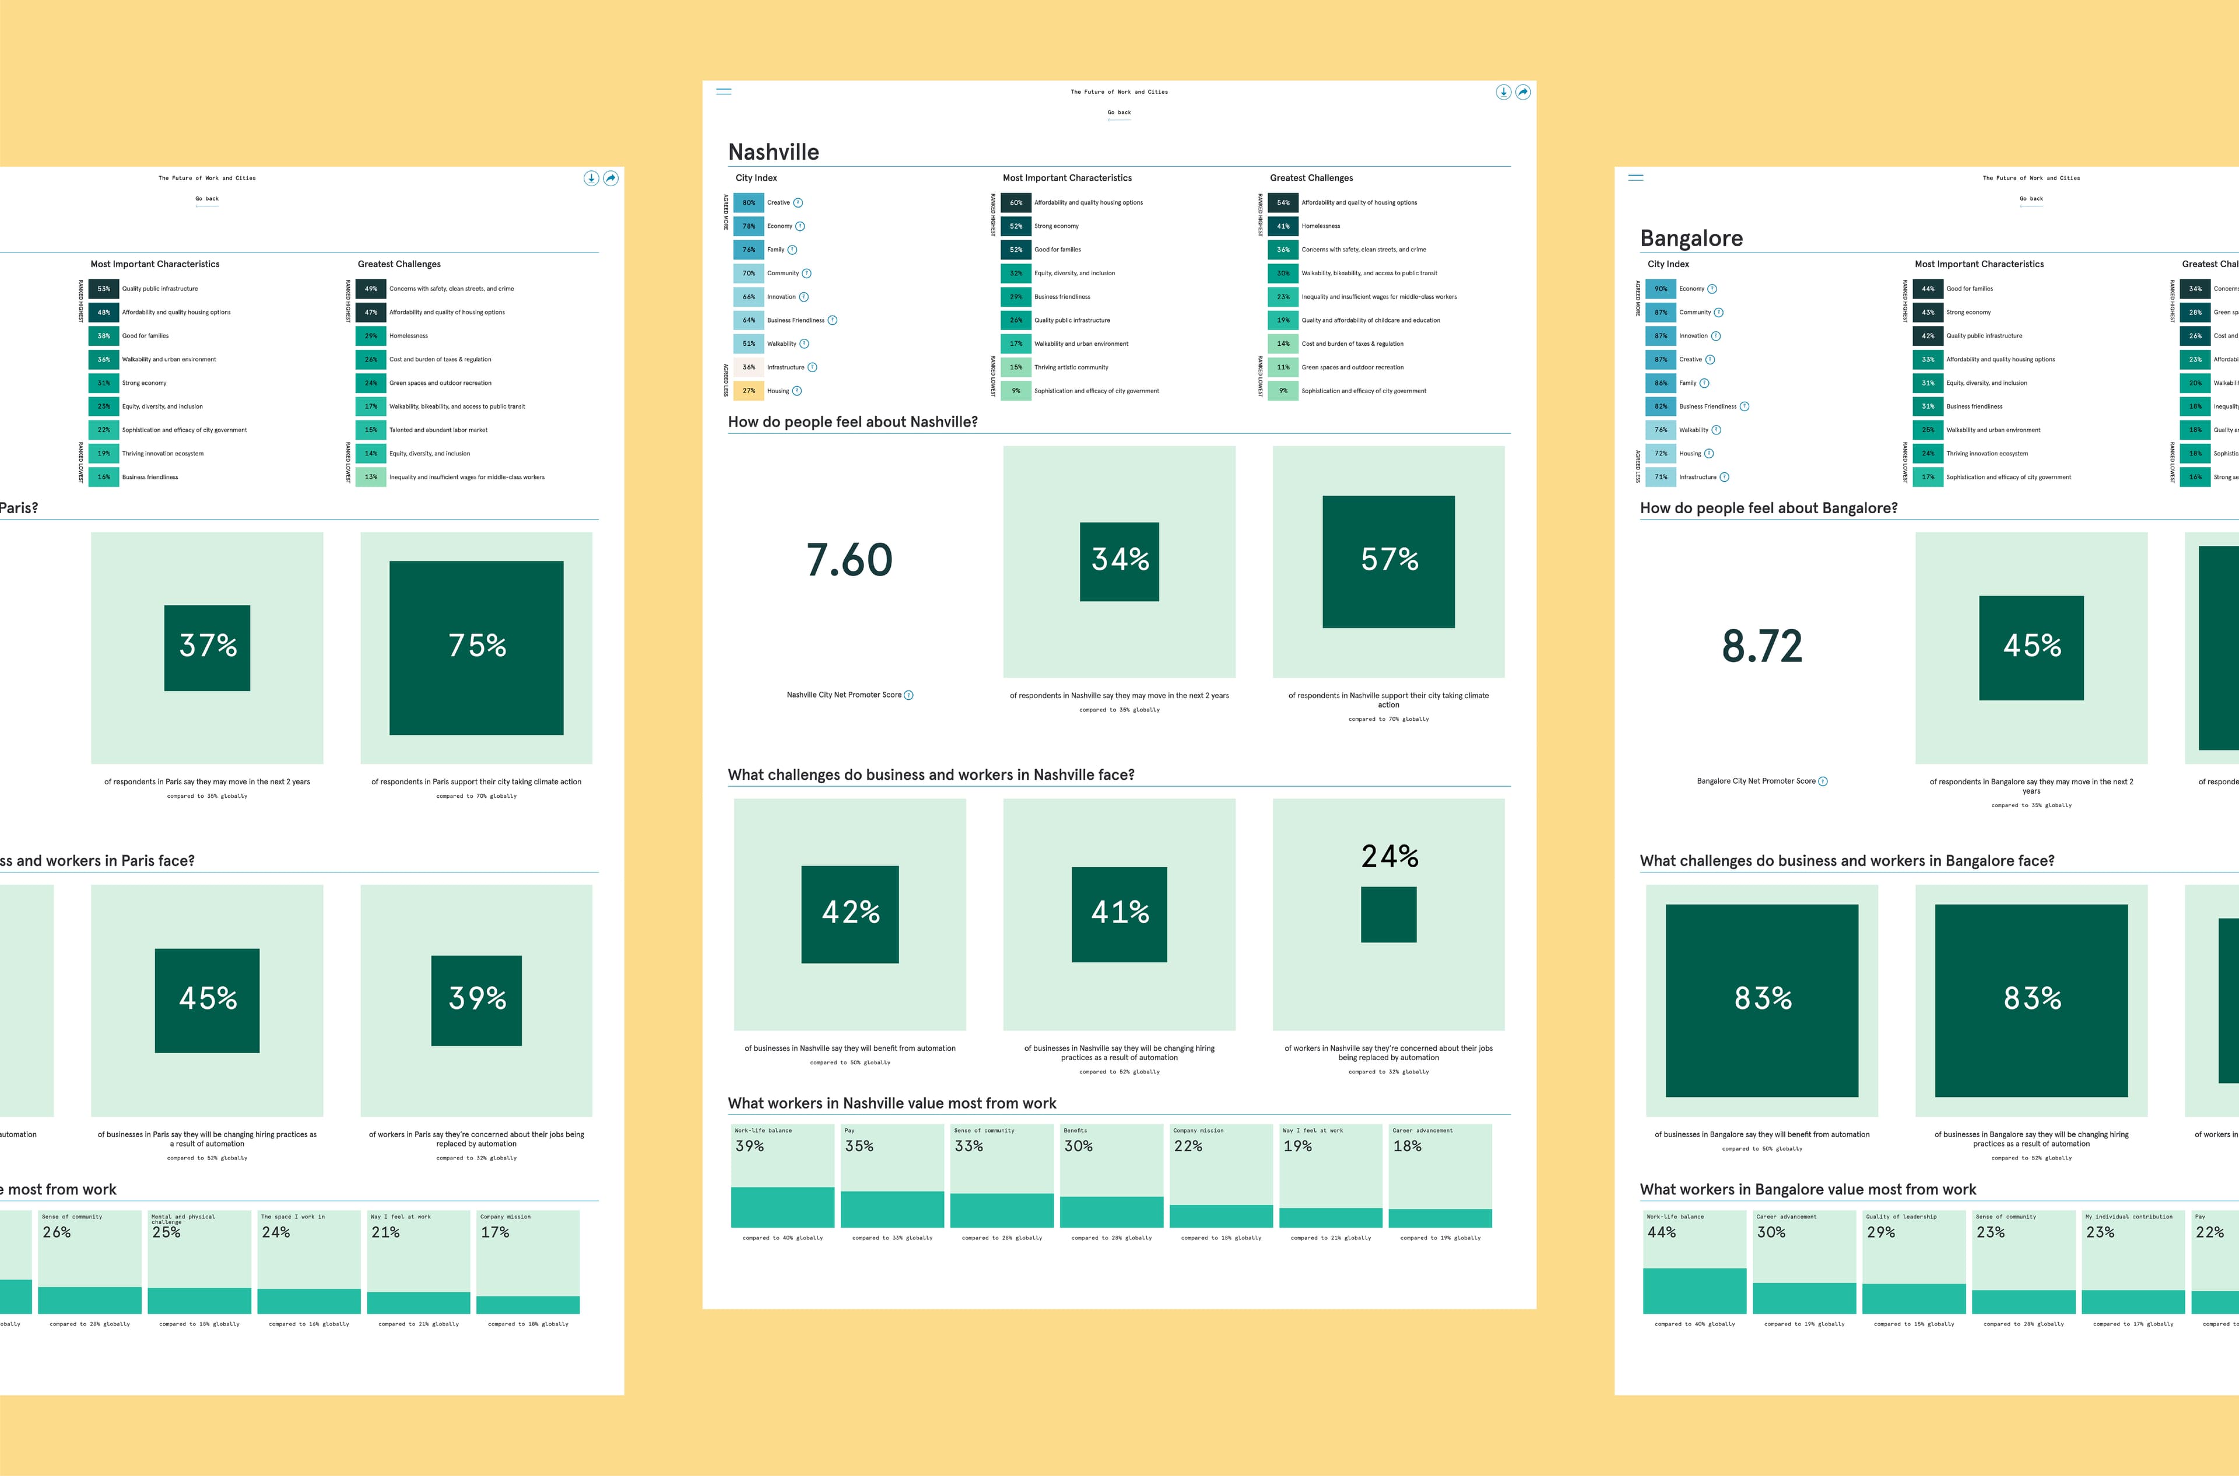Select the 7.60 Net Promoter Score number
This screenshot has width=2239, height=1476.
point(849,560)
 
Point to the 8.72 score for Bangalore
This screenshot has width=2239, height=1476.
point(1762,646)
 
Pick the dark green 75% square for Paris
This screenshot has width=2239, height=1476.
point(476,648)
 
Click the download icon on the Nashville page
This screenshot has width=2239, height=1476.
point(1503,92)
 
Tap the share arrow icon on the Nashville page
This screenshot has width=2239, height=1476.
point(1523,92)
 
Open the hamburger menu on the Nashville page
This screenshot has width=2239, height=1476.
point(724,92)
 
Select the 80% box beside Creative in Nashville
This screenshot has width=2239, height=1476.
point(748,202)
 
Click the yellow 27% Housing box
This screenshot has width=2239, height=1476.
point(748,391)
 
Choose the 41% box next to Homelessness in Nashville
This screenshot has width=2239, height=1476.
point(1283,226)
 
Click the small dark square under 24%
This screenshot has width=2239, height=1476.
point(1388,914)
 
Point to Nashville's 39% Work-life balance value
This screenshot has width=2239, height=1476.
point(750,1145)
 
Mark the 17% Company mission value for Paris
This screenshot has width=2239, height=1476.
point(495,1232)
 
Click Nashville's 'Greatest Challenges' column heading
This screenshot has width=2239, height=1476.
point(1311,178)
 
